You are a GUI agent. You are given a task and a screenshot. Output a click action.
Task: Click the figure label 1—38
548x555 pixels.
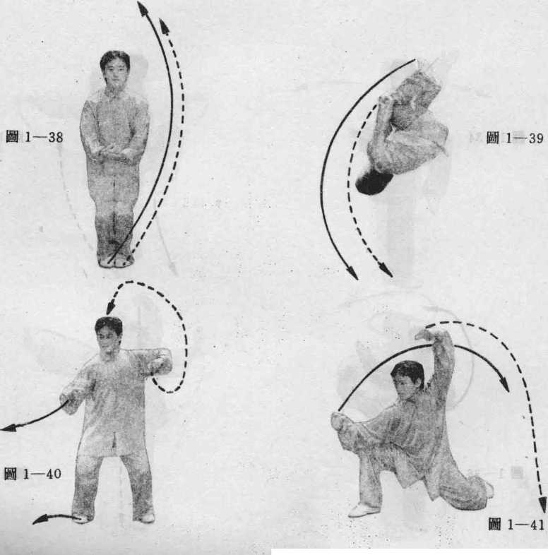pos(35,137)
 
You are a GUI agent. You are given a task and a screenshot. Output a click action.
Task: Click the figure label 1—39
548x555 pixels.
pos(515,138)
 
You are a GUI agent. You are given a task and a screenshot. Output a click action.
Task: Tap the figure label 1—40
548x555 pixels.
pos(32,474)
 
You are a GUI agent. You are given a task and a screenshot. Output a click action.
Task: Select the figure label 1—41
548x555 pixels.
pos(516,524)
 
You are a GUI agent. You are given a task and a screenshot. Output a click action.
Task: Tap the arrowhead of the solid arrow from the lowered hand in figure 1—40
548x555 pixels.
pos(8,428)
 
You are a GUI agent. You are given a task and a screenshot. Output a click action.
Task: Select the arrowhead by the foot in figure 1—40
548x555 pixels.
pos(39,519)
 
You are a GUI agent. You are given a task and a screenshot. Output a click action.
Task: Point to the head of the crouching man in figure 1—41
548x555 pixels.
pos(407,378)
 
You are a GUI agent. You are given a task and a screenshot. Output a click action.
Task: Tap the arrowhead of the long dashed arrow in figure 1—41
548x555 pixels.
pos(542,505)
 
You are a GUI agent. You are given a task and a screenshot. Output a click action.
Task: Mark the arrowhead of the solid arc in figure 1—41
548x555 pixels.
pos(504,384)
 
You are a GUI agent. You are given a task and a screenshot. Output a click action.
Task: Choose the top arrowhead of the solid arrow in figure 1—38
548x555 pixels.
pos(143,8)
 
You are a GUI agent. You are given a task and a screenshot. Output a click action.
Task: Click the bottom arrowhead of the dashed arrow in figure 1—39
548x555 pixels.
pos(386,270)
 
